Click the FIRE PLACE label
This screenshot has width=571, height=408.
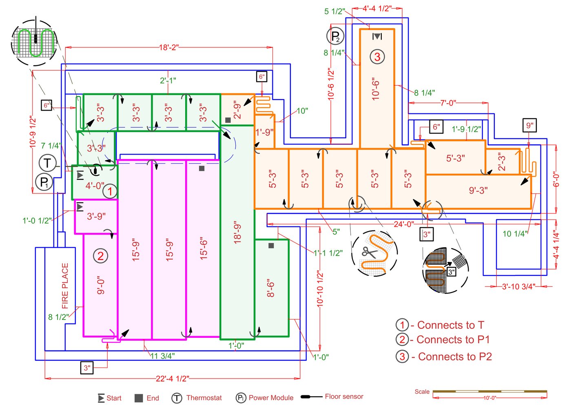point(65,286)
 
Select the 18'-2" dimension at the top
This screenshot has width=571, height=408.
point(169,47)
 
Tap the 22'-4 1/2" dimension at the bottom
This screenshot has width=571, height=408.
point(172,379)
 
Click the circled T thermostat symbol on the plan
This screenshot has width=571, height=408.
point(47,163)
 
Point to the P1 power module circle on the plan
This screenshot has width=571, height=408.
point(44,182)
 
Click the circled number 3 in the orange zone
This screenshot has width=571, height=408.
point(377,57)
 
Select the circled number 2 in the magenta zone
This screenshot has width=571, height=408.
point(101,256)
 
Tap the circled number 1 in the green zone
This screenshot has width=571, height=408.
point(109,191)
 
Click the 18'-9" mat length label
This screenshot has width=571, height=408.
point(237,233)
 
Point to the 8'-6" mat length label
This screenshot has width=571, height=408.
point(271,288)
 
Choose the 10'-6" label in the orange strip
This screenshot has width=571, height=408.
point(376,89)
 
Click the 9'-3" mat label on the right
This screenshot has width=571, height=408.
point(478,191)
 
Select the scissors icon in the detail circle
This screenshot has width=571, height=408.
point(370,252)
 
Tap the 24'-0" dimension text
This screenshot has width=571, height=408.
point(404,224)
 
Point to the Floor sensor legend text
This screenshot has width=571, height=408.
point(344,397)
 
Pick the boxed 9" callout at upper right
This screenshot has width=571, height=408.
point(529,126)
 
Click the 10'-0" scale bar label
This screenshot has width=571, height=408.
point(489,398)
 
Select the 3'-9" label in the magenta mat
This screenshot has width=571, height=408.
point(96,216)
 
